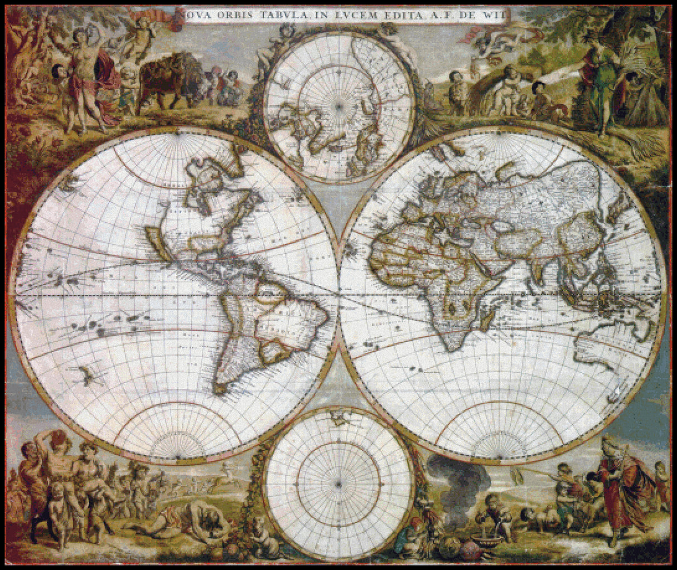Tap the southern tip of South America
[x=220, y=388]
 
